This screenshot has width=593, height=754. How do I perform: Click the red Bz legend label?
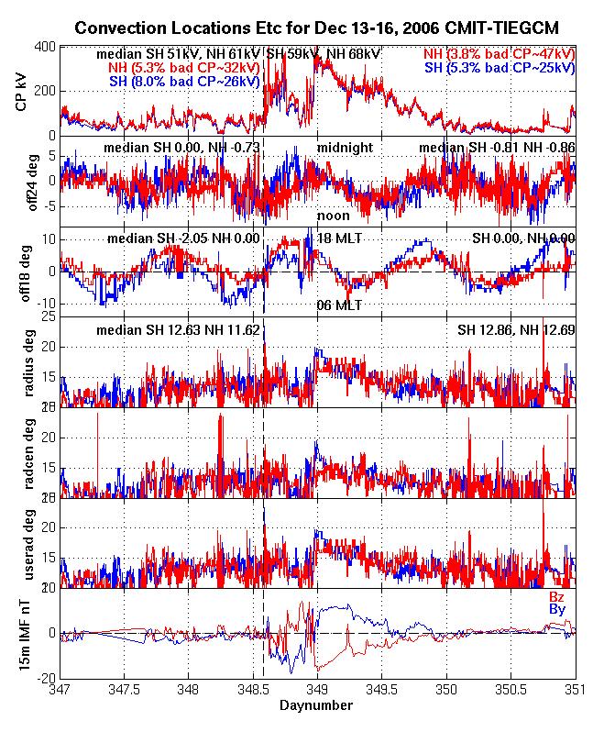pos(556,596)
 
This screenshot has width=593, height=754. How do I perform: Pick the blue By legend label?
pos(556,609)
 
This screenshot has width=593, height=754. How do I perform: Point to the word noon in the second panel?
pos(333,216)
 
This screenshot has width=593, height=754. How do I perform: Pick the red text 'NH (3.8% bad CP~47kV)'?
pos(500,54)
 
